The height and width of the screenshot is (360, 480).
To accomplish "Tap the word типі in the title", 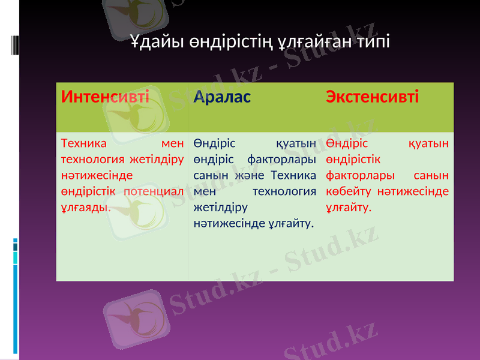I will click(x=371, y=43).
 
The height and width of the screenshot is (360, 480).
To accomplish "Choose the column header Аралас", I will click(x=222, y=96).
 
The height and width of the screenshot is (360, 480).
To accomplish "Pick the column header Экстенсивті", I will click(x=372, y=96).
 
